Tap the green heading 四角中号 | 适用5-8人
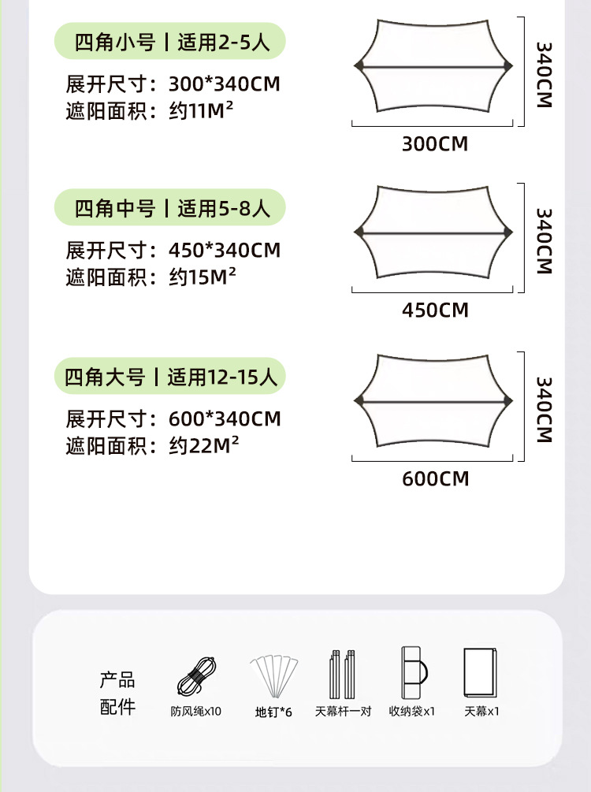(169, 208)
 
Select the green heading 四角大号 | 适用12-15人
(169, 377)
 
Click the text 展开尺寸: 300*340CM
(173, 84)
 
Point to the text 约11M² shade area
(201, 110)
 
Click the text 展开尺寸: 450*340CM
(173, 251)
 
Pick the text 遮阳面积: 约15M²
(152, 277)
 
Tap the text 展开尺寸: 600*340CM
(173, 418)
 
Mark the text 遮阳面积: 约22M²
(152, 446)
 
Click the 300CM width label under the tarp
(435, 143)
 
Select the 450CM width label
(435, 310)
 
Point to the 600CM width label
(435, 478)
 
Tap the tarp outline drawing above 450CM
(433, 232)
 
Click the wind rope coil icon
(196, 676)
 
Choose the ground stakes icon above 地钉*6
(273, 676)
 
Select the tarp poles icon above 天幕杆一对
(343, 674)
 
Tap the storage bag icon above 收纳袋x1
(412, 674)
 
